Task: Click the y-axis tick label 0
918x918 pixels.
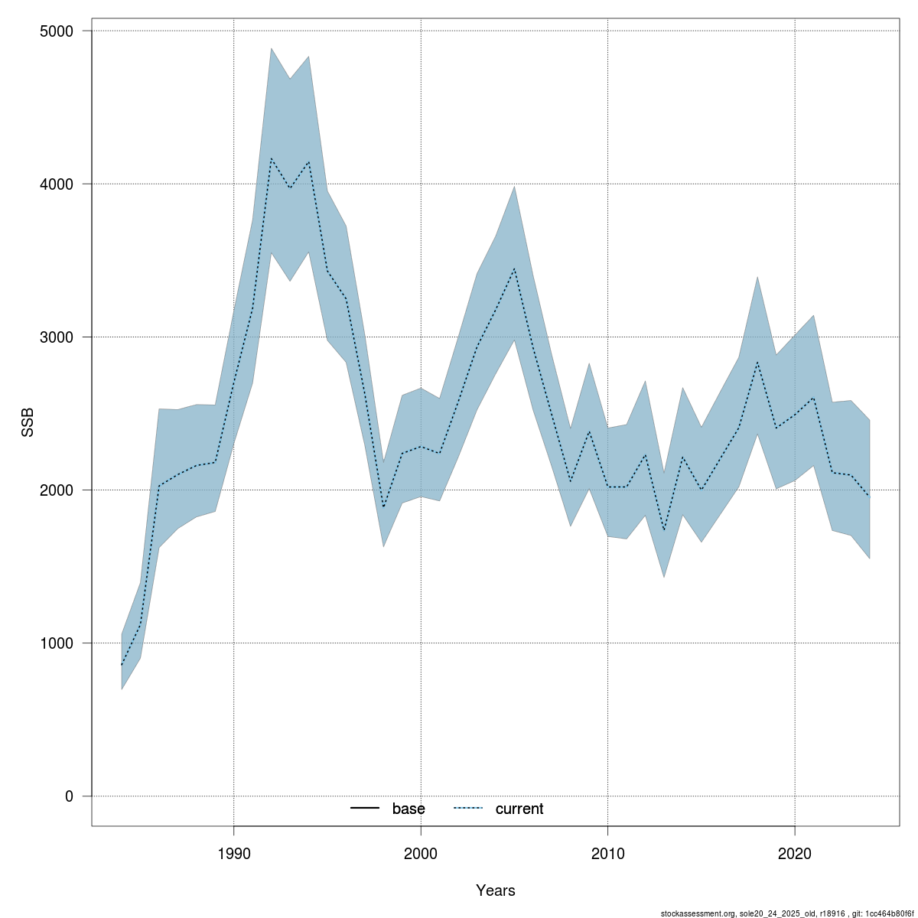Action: click(x=69, y=796)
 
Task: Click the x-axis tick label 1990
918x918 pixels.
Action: click(x=234, y=853)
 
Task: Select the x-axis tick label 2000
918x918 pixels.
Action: click(x=421, y=853)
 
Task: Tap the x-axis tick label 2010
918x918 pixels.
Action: click(x=608, y=853)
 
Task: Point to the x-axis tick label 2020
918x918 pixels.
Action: click(x=795, y=853)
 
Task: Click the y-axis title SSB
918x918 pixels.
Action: click(x=28, y=421)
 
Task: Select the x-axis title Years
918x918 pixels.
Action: click(x=495, y=890)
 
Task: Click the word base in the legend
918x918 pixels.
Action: click(x=409, y=809)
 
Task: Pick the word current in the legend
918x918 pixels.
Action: click(x=519, y=809)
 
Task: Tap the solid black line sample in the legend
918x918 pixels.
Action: click(x=365, y=809)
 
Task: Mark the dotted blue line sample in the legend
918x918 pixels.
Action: click(x=468, y=809)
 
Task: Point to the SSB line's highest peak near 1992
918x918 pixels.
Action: click(x=272, y=158)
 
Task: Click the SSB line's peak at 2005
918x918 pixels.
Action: click(x=514, y=269)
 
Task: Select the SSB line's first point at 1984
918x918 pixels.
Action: click(x=122, y=666)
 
